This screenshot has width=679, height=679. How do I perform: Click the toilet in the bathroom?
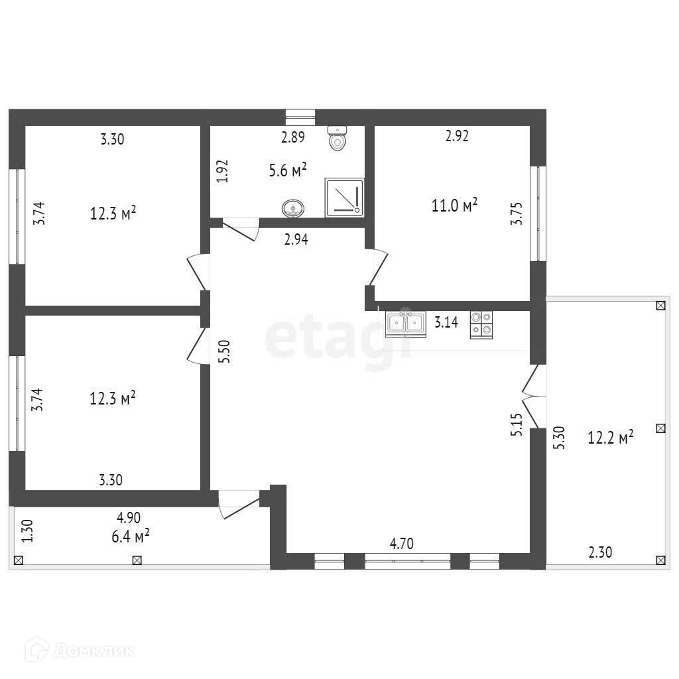pos(338,138)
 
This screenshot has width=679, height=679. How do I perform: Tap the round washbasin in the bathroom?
pos(292,209)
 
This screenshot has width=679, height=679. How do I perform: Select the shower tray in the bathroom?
pos(344,197)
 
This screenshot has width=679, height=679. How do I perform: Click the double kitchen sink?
pos(405,323)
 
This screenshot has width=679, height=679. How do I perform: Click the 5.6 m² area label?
pos(287,170)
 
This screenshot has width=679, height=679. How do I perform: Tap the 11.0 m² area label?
pos(455,206)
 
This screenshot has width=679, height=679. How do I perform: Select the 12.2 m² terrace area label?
pos(610,437)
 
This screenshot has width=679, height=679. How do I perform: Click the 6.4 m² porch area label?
pos(129,536)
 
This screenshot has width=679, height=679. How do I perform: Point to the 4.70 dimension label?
pos(401,544)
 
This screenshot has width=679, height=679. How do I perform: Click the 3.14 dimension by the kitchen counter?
pos(446,323)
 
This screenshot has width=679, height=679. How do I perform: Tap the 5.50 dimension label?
pos(225,350)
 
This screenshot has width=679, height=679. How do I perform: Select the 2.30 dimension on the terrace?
pos(600,551)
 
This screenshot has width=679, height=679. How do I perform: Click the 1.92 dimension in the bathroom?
pos(223,170)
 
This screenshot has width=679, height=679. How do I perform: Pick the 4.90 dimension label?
pos(129,518)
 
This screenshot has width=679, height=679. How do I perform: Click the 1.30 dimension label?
pos(27,531)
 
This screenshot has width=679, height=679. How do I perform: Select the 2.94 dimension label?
pos(296,240)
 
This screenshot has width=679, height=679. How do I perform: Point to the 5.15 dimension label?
pos(517,425)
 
